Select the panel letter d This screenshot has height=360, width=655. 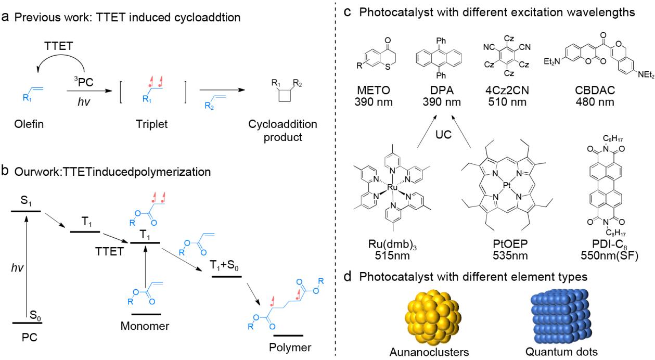pos(348,276)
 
